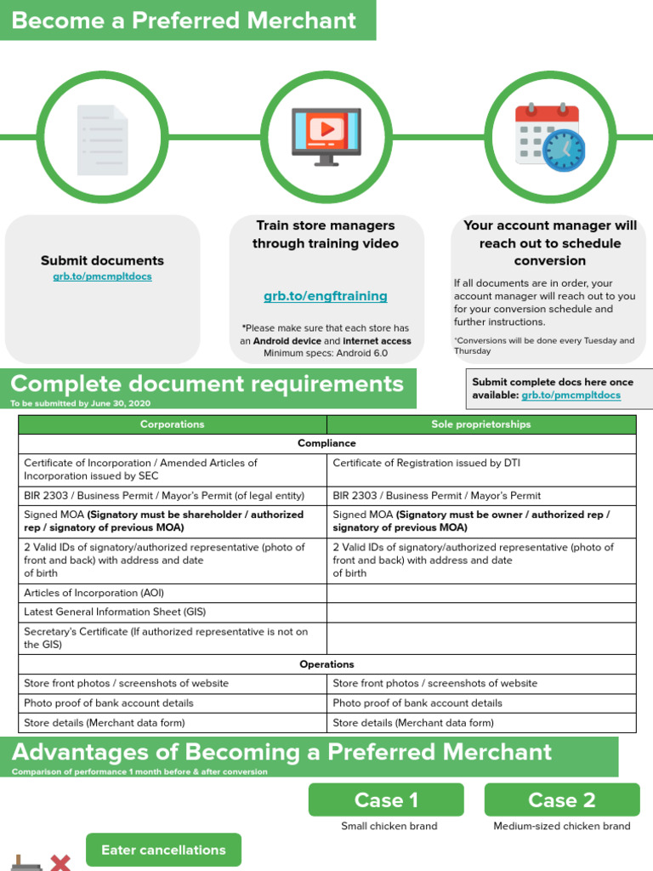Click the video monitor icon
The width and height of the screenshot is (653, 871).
[x=326, y=136]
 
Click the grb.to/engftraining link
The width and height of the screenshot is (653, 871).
[x=326, y=296]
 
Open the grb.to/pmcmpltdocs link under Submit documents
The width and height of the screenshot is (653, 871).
[x=102, y=276]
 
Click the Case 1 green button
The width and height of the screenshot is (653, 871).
[x=386, y=800]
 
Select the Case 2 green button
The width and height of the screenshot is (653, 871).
[x=562, y=800]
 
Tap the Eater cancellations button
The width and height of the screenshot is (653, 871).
[x=163, y=850]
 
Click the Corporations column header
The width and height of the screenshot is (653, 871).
[x=173, y=424]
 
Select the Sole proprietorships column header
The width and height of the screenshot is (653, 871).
[x=481, y=424]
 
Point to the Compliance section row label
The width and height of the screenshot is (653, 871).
[x=326, y=443]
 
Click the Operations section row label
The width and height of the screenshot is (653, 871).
[x=326, y=664]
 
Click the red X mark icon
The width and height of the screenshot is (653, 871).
[x=60, y=862]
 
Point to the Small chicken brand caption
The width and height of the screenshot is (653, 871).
[x=389, y=826]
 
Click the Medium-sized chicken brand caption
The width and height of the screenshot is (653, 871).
[x=562, y=826]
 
